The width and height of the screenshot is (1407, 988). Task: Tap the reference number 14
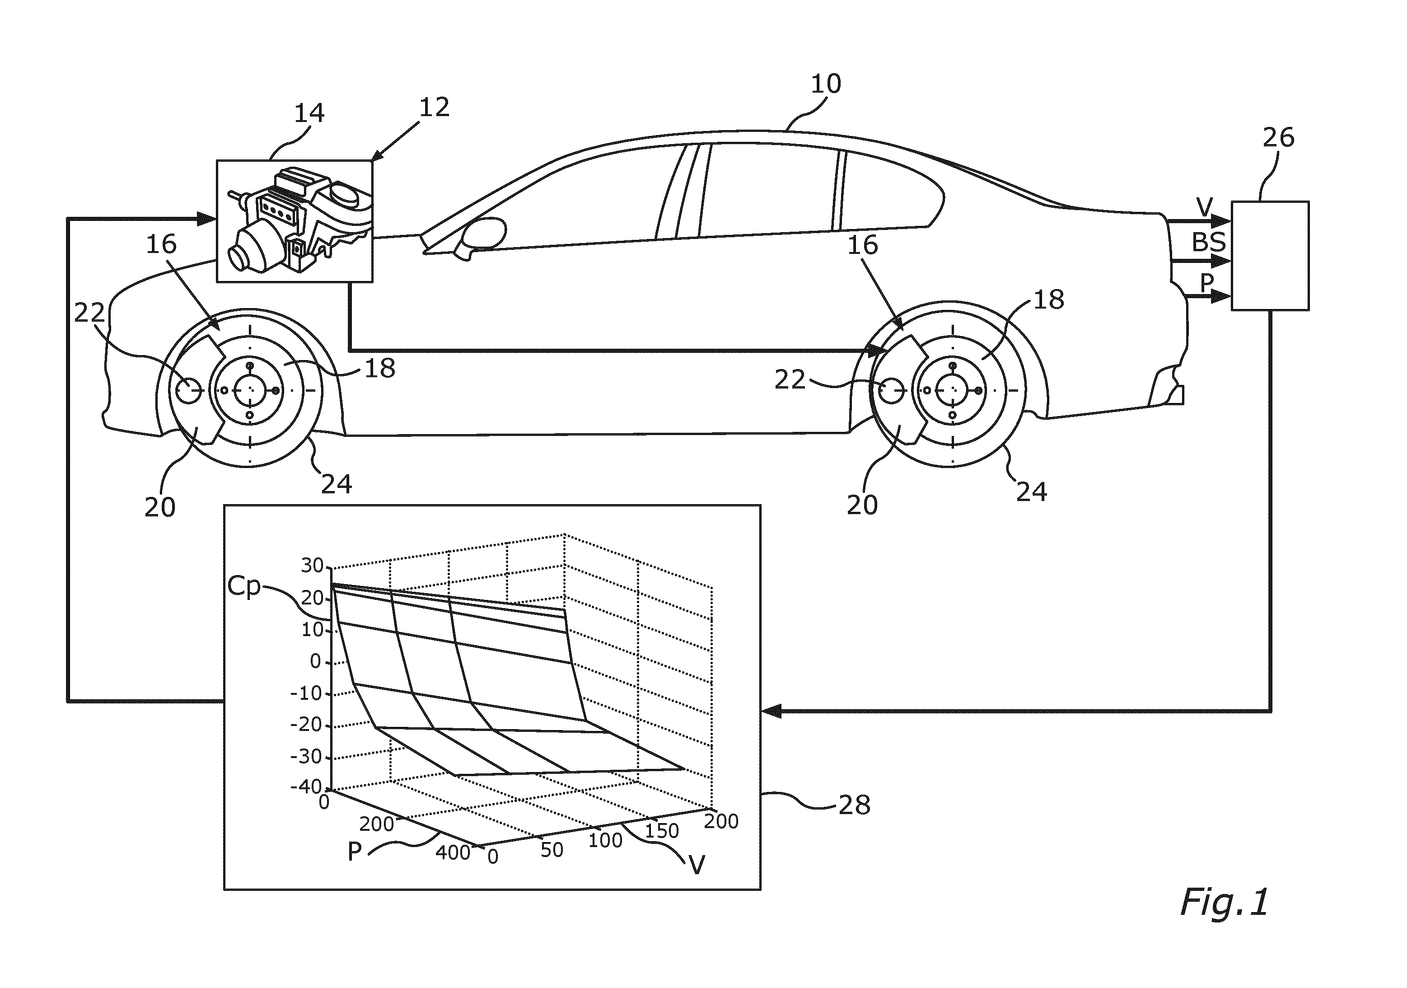309,113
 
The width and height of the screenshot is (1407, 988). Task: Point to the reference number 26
1278,138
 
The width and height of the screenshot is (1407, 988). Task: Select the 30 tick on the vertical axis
312,566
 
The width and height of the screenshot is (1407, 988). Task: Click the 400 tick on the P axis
453,852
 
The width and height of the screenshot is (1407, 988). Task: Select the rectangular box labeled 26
1270,256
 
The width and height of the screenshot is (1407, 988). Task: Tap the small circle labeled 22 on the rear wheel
891,390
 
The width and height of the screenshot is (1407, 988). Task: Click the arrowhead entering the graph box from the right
770,711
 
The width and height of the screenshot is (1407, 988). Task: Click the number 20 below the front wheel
160,507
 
